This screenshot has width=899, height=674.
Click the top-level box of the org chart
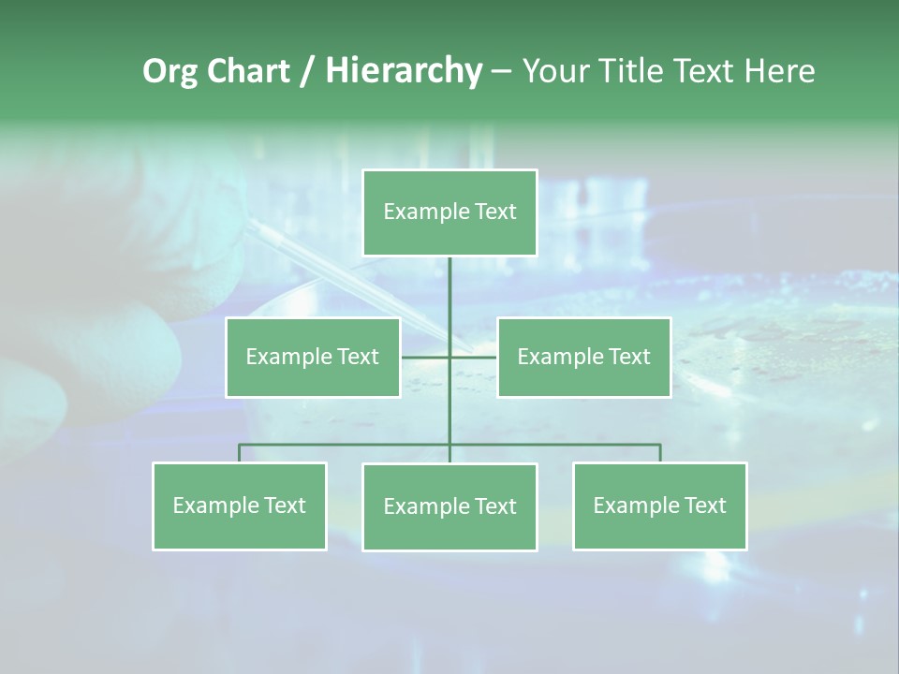(449, 212)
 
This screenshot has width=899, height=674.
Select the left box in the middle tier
(313, 357)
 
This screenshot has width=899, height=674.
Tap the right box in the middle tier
(583, 357)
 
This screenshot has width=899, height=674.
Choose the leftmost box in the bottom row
(240, 505)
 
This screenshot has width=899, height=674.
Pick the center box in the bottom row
(449, 506)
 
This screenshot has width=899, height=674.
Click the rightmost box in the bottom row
(660, 505)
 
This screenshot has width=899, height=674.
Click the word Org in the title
(169, 71)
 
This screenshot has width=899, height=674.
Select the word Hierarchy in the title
(403, 71)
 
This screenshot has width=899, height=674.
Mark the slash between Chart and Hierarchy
(308, 71)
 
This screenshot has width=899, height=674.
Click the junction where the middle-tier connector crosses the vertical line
(449, 357)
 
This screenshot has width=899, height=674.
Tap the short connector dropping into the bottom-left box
(240, 453)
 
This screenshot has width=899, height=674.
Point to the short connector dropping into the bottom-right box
(660, 453)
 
